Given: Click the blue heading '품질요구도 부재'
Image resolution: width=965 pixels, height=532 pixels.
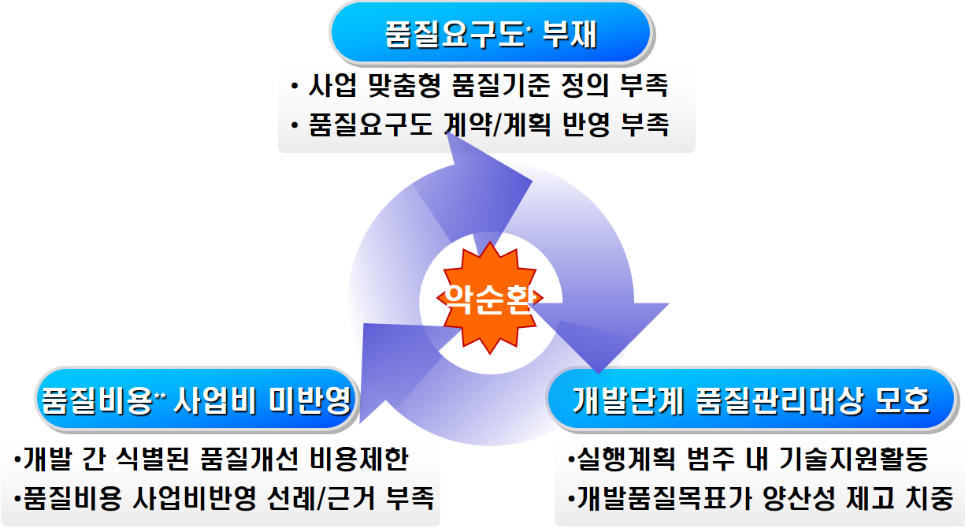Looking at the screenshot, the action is [x=492, y=33].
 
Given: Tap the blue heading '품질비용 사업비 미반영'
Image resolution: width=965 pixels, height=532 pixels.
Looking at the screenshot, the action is [x=197, y=400].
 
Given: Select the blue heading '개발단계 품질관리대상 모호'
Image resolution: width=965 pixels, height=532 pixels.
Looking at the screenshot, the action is [x=752, y=400].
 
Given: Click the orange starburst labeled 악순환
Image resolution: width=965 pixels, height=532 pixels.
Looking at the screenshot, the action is [x=490, y=297].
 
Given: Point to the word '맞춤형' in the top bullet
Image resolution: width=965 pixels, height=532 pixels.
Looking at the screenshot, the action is [x=405, y=85].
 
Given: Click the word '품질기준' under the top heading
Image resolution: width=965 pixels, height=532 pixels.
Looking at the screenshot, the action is [x=500, y=85].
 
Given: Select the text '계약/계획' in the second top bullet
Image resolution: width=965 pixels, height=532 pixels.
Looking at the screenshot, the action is [x=498, y=125].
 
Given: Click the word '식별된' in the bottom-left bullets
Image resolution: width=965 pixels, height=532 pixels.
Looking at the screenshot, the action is [x=153, y=458].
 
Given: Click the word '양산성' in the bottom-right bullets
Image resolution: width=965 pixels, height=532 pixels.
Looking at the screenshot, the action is [x=799, y=498].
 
